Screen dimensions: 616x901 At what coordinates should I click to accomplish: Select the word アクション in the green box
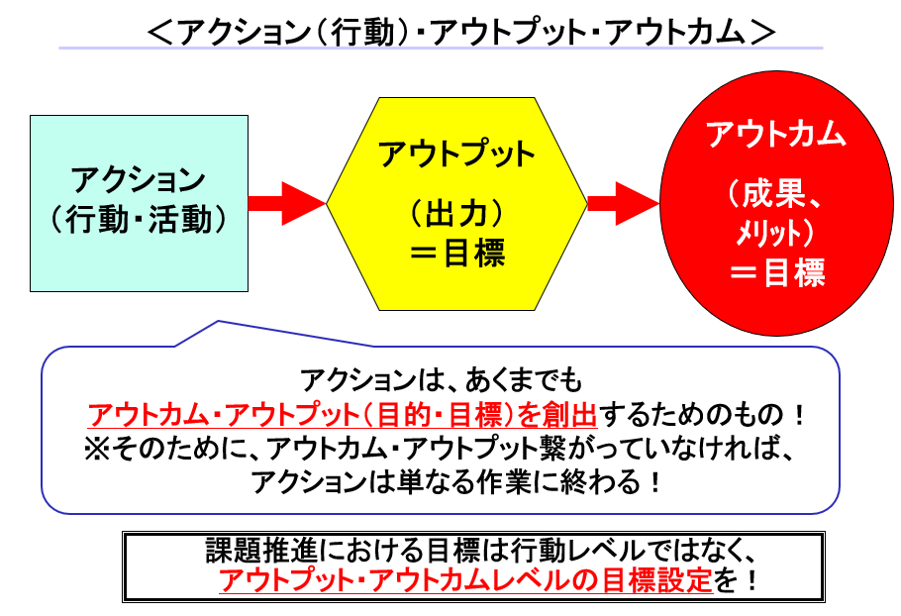(x=138, y=181)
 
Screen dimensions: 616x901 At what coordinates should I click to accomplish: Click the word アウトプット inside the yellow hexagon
(x=456, y=154)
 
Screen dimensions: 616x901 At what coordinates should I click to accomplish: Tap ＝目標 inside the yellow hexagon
(x=456, y=254)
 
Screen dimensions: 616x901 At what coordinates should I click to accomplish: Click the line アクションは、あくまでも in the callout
(x=442, y=379)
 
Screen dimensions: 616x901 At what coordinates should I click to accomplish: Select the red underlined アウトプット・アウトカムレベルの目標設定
(x=465, y=581)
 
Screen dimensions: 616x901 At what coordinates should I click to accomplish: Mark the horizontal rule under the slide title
(x=441, y=49)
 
